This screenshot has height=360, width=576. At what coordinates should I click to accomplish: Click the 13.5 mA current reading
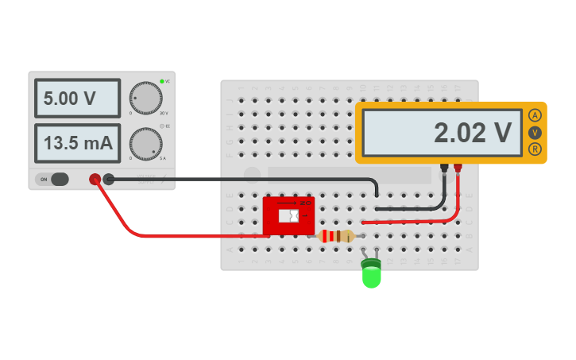tap(77, 144)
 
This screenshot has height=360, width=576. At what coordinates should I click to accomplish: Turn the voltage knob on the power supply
tap(145, 97)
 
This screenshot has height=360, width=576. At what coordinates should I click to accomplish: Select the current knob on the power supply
tap(145, 143)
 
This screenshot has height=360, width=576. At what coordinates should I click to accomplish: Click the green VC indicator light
tap(162, 81)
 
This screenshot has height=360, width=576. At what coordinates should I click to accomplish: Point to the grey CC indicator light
tap(162, 126)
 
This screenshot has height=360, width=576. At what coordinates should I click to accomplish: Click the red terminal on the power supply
tap(95, 180)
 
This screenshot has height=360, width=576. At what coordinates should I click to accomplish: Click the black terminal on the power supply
tap(109, 180)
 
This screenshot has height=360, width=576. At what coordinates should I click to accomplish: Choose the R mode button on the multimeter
tap(535, 149)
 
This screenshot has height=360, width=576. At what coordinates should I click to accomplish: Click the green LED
tap(371, 274)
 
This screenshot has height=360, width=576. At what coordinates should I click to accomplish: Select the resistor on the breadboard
tap(336, 236)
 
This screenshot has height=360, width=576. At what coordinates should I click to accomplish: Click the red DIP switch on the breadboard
tap(288, 216)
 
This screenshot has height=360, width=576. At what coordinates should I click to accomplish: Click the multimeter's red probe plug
tap(458, 168)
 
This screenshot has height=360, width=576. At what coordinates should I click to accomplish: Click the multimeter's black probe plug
tap(445, 168)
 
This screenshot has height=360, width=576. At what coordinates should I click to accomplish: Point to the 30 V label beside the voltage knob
tap(164, 114)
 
